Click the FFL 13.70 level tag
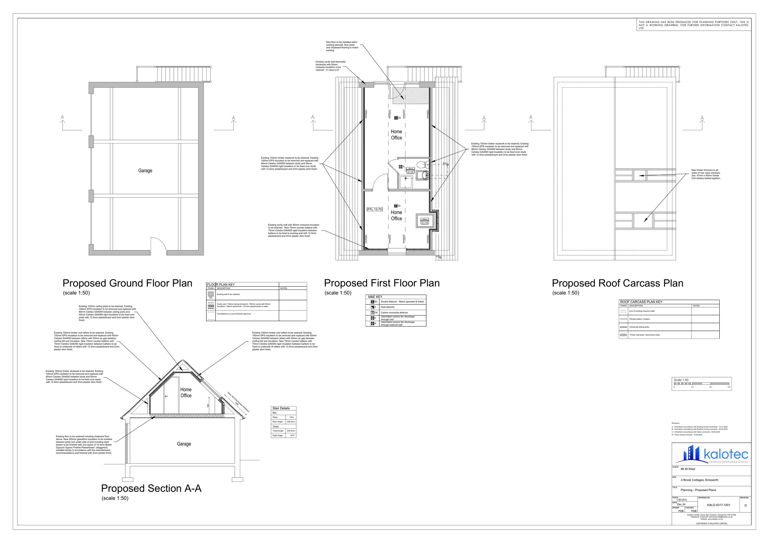pyautogui.click(x=375, y=209)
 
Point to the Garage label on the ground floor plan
pyautogui.click(x=145, y=171)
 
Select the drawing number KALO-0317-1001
pyautogui.click(x=719, y=505)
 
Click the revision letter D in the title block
pyautogui.click(x=745, y=506)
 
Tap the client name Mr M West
pyautogui.click(x=688, y=469)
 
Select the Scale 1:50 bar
pyautogui.click(x=701, y=384)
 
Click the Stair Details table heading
pyautogui.click(x=281, y=408)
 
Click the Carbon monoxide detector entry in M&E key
pyautogui.click(x=394, y=313)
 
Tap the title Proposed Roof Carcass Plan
pyautogui.click(x=617, y=283)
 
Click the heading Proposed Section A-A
pyautogui.click(x=151, y=488)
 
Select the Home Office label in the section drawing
pyautogui.click(x=186, y=392)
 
